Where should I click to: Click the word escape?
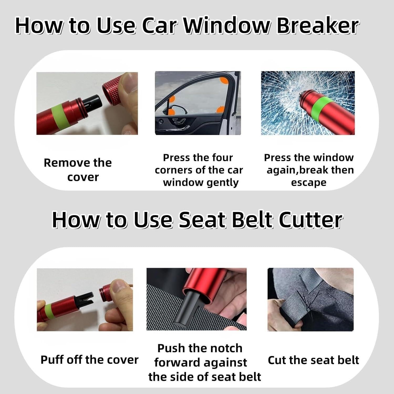pos(309,183)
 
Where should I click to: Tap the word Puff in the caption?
pos(52,360)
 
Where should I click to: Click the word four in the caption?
pos(222,158)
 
